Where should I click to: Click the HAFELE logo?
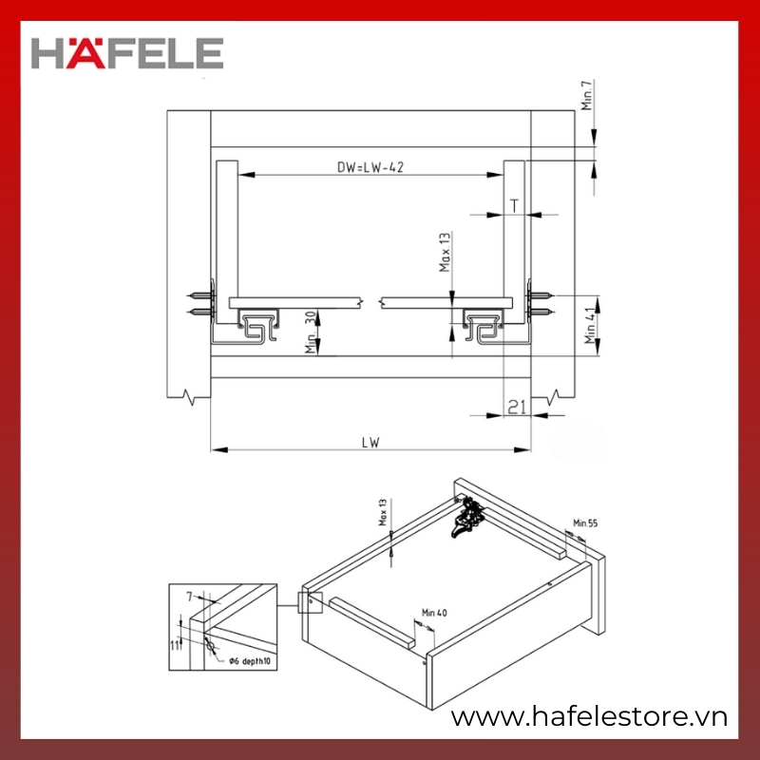[x=127, y=53]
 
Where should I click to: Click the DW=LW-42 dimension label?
[x=370, y=167]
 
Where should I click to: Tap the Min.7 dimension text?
[x=587, y=95]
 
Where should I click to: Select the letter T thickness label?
[x=514, y=206]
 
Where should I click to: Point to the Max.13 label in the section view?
[x=445, y=252]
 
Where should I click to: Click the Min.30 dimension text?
[x=311, y=332]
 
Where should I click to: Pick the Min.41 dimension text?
[x=590, y=326]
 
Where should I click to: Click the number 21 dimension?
[x=517, y=407]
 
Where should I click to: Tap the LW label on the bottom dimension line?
[x=370, y=442]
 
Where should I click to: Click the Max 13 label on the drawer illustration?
[x=383, y=512]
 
